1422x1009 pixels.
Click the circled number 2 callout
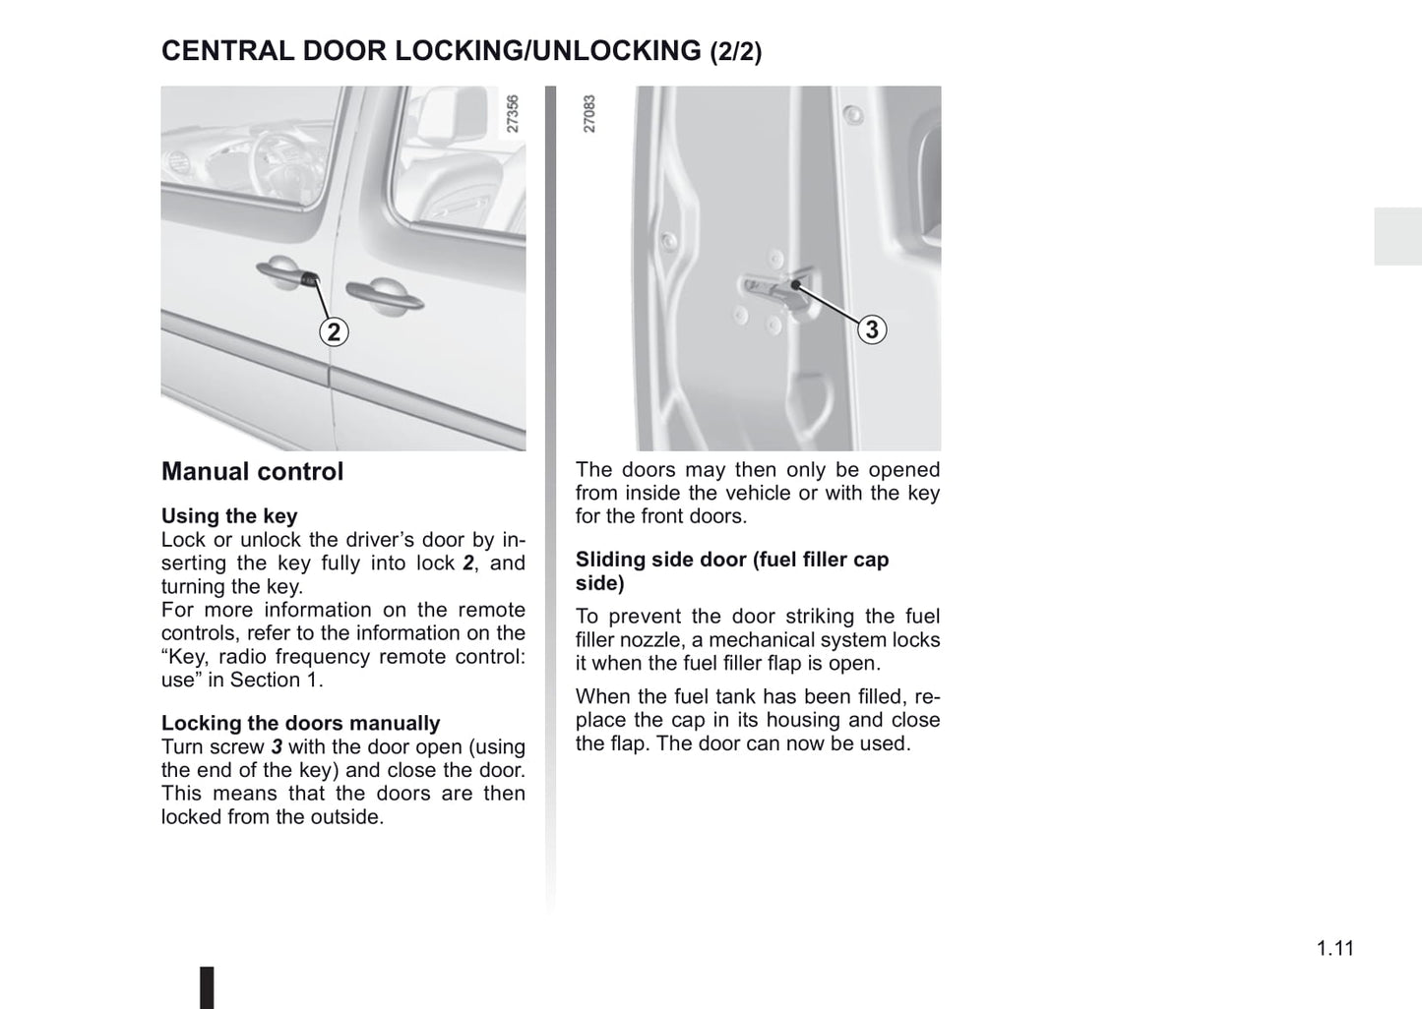pos(334,332)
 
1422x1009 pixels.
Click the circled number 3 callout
pos(871,328)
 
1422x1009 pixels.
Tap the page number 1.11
pos(1334,948)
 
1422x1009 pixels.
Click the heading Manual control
pos(252,472)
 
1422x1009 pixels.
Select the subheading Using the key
pos(229,516)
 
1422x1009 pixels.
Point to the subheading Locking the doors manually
pos(300,724)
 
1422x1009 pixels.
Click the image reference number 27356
pos(512,114)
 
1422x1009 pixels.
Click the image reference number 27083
pos(589,114)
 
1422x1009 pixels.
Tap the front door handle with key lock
pos(287,274)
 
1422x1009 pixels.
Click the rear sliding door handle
pos(383,296)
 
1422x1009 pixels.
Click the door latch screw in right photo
pos(793,285)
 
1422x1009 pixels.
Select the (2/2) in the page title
pos(735,52)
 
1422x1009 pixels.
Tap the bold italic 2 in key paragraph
pos(468,564)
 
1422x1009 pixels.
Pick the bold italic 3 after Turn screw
pos(277,747)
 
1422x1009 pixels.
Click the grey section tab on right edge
pos(1397,236)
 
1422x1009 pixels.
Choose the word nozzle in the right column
pos(653,640)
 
